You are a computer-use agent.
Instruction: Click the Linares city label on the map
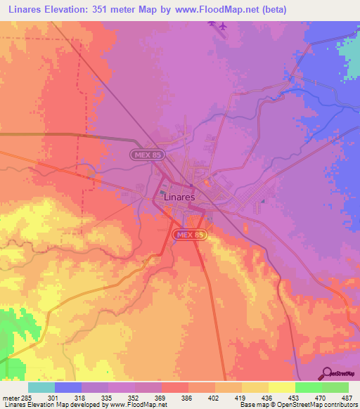point(179,197)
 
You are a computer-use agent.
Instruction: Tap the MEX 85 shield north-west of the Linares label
point(143,153)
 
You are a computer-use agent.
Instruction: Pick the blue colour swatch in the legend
point(67,387)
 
